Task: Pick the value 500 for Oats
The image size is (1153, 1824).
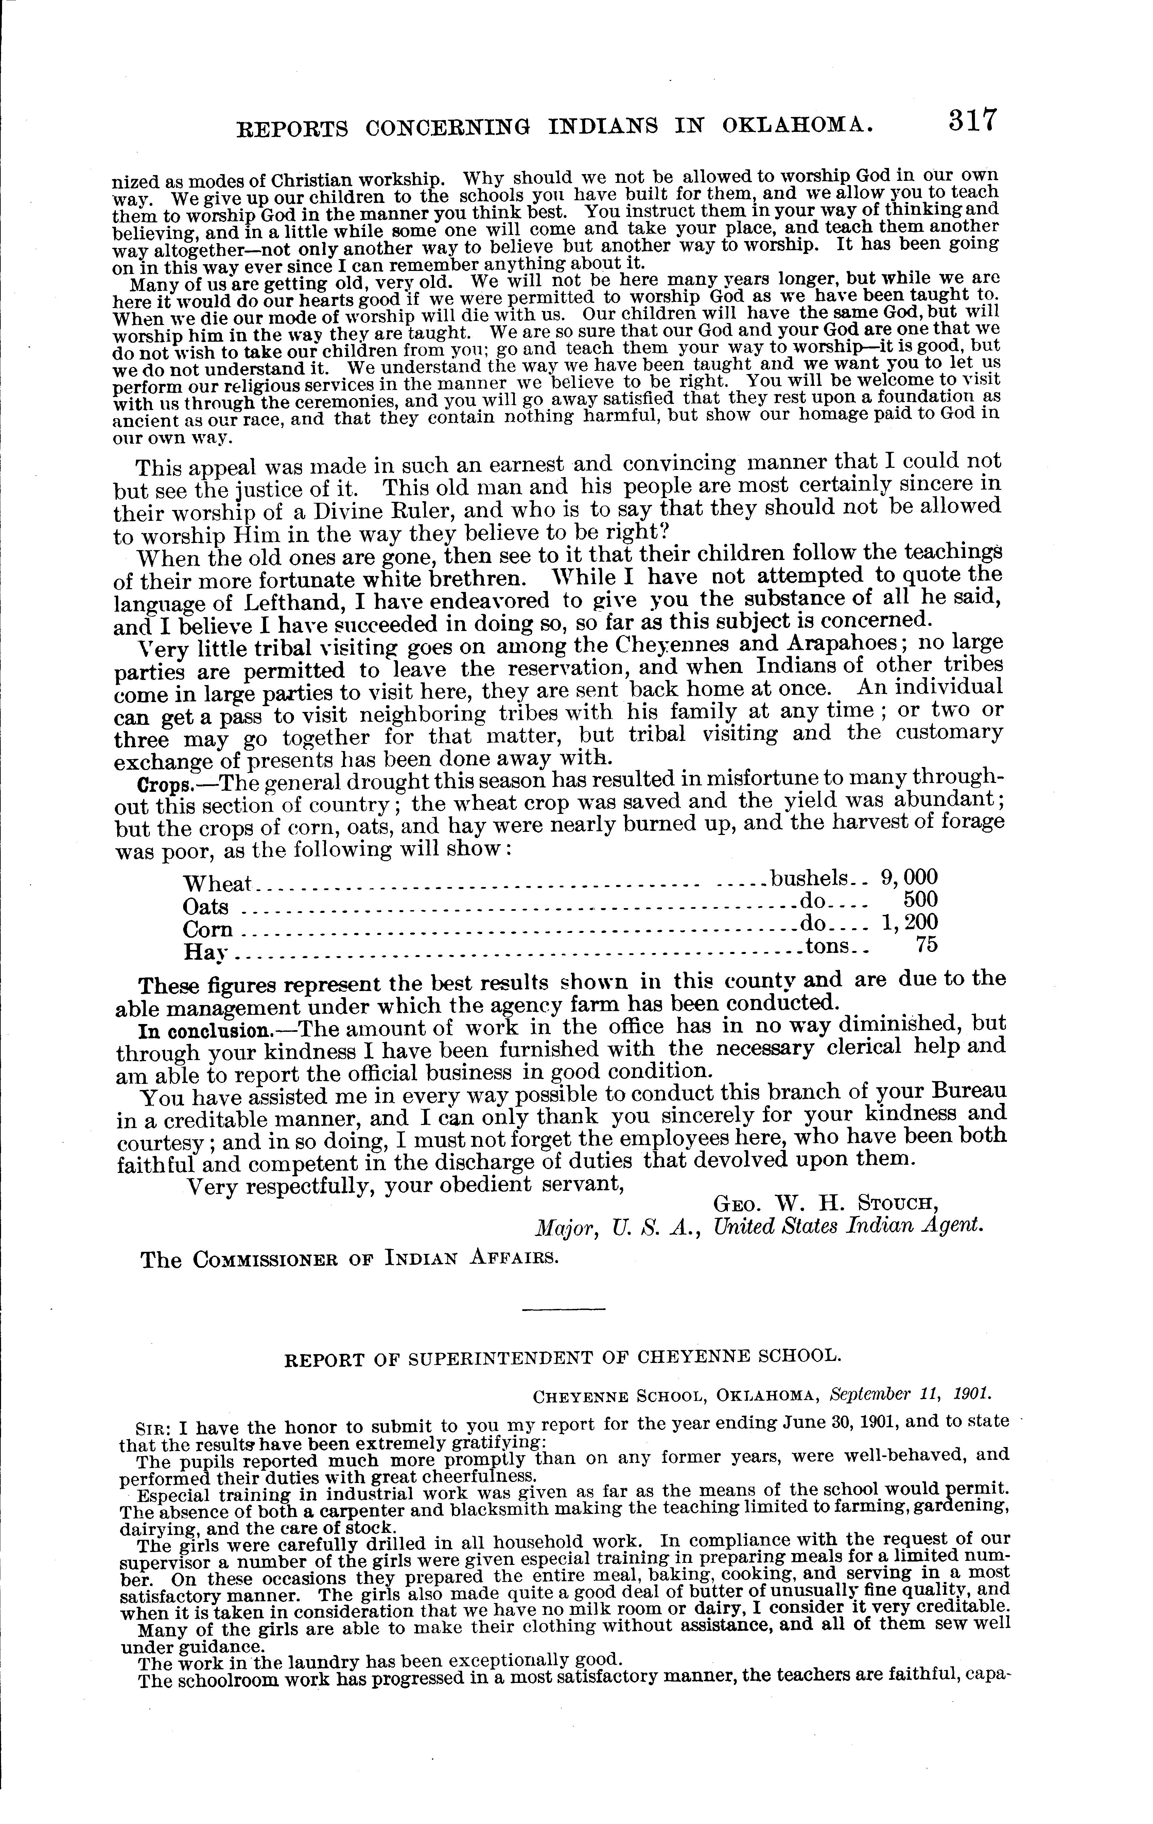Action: (921, 899)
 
